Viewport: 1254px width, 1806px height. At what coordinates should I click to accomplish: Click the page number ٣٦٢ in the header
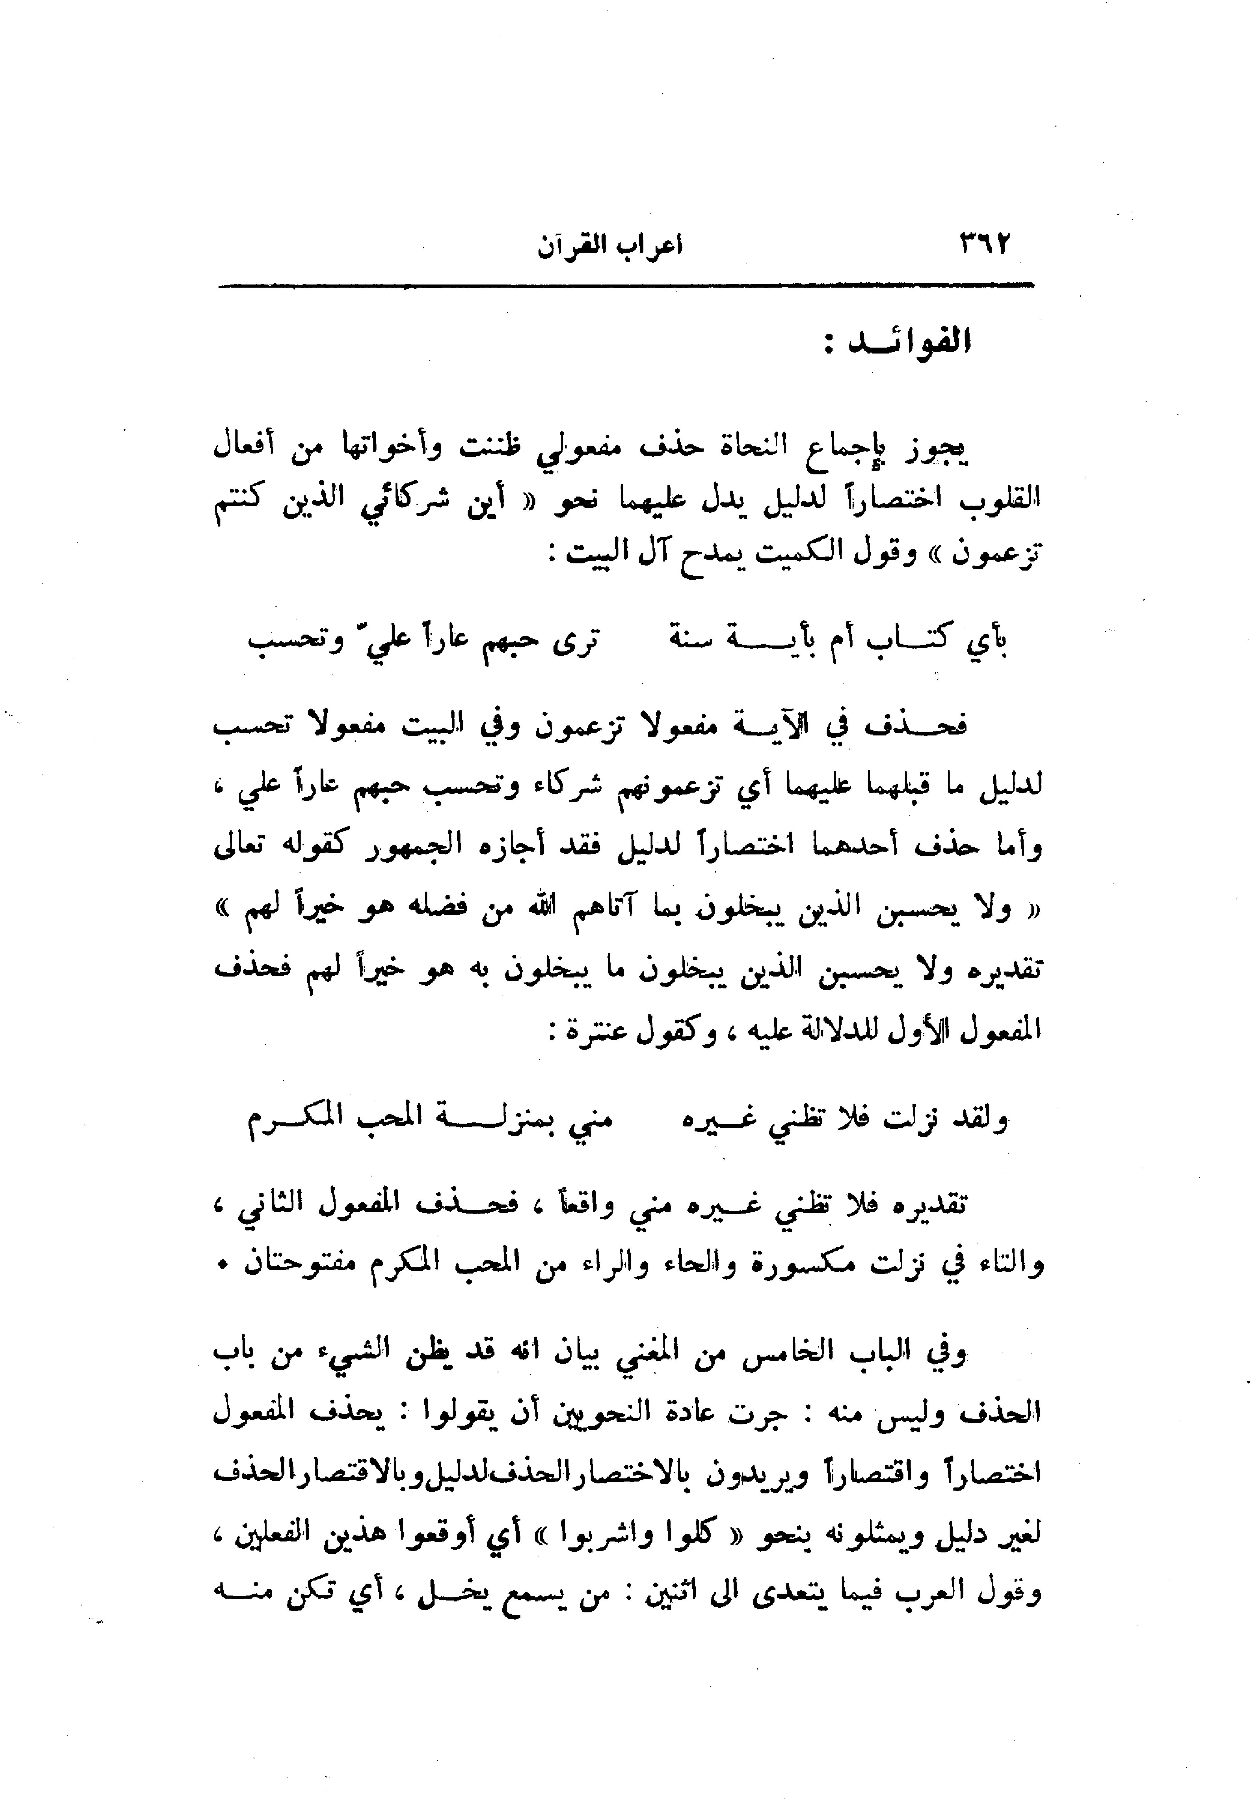[x=983, y=245]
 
